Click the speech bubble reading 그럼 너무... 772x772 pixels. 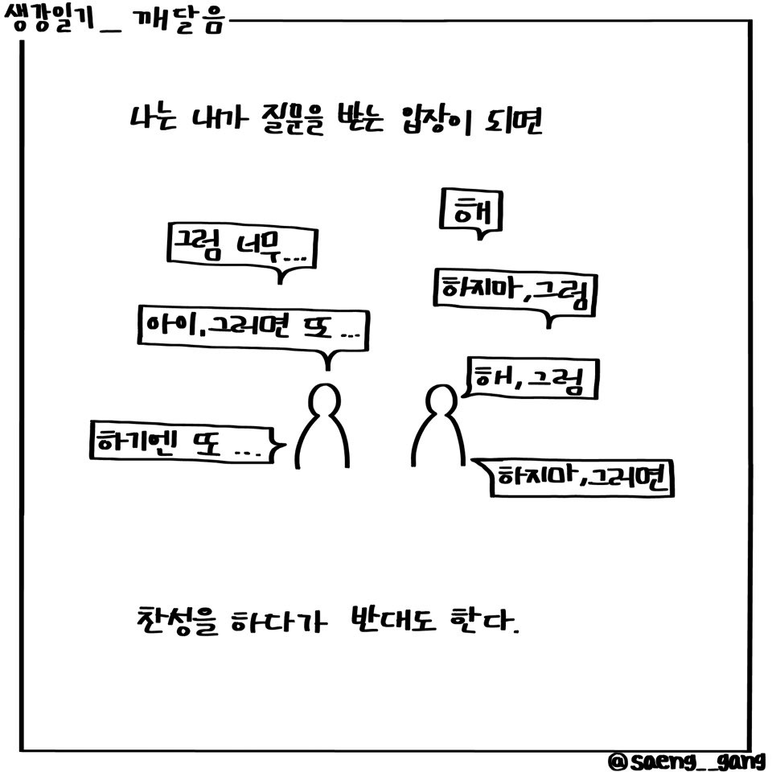pyautogui.click(x=241, y=245)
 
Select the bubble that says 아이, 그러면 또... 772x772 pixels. pyautogui.click(x=252, y=326)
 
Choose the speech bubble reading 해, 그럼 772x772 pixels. pyautogui.click(x=530, y=380)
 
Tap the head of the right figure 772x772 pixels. pyautogui.click(x=440, y=400)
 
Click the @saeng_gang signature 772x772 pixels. pyautogui.click(x=688, y=760)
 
